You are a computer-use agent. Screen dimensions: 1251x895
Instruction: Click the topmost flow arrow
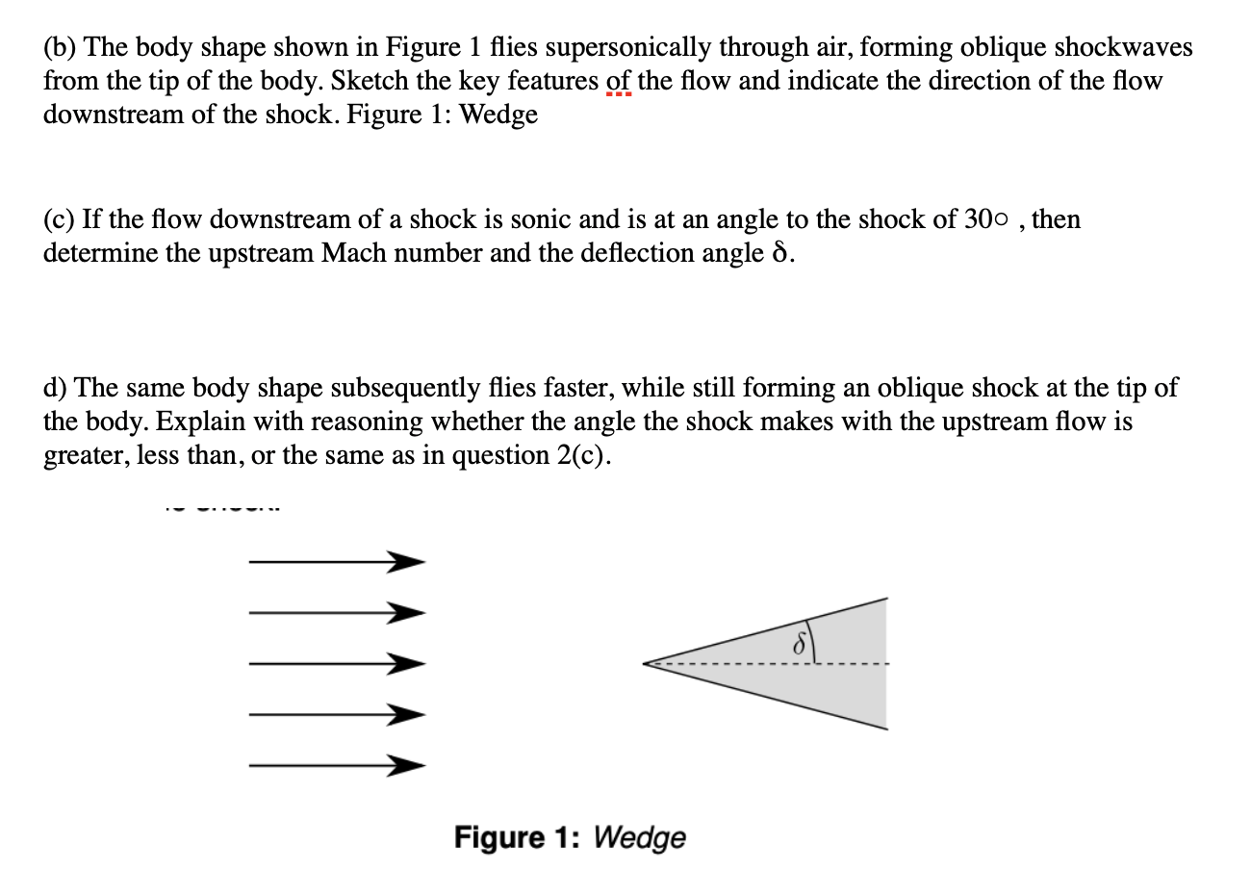click(x=336, y=561)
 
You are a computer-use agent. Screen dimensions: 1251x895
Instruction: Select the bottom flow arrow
click(x=336, y=766)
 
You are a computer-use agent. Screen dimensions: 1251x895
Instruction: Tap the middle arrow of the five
click(x=336, y=663)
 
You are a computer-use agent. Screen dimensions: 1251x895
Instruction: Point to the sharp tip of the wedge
click(x=646, y=662)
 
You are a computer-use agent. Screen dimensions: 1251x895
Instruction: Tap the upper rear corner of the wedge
click(x=885, y=600)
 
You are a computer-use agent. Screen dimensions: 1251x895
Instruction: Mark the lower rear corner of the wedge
click(x=885, y=728)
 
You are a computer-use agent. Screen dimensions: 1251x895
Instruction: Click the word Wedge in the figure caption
click(x=640, y=838)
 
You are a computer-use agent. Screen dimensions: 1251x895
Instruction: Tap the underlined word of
click(x=619, y=81)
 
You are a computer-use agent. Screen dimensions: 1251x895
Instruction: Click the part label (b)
click(x=61, y=47)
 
